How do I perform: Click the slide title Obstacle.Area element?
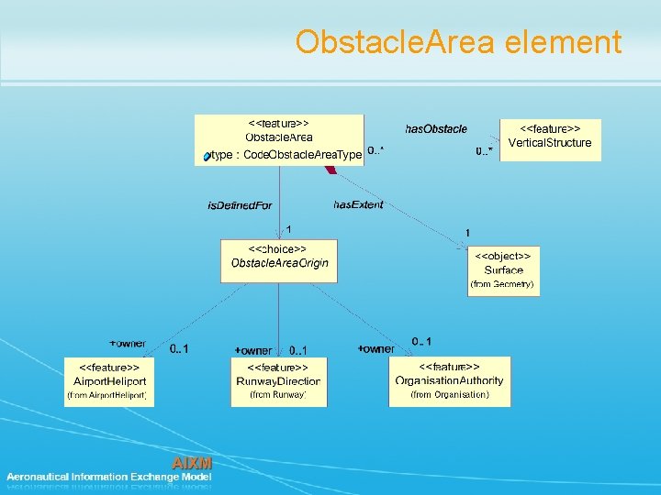(458, 42)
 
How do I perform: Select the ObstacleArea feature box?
(279, 139)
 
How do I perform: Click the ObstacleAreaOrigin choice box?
(279, 260)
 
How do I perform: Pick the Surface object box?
(503, 269)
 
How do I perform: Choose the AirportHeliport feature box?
(109, 380)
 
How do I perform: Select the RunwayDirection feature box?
(278, 380)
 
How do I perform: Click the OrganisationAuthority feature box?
(449, 380)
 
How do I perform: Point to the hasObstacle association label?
(436, 129)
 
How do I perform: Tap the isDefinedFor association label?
(240, 205)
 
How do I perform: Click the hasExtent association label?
(358, 204)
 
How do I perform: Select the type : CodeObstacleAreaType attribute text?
(286, 156)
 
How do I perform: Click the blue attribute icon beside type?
(207, 157)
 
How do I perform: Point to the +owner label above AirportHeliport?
(128, 344)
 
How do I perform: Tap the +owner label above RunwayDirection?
(253, 350)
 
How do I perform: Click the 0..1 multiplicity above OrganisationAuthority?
(421, 341)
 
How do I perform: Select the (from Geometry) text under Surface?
(501, 284)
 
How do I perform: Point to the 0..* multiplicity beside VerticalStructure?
(484, 150)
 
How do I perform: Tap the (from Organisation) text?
(450, 394)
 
